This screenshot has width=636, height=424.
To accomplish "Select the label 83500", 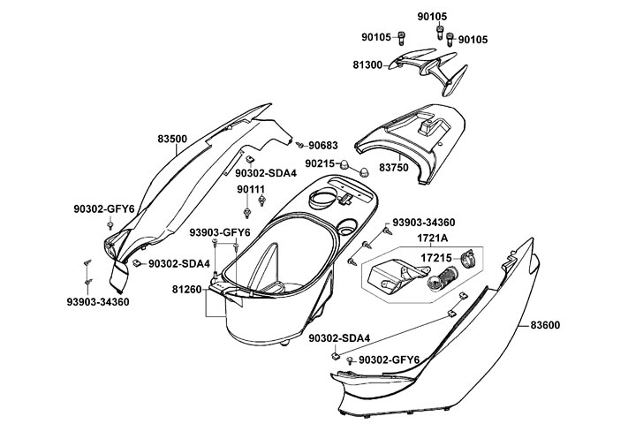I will tap(172, 139).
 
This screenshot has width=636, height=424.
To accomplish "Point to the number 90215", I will tap(321, 164).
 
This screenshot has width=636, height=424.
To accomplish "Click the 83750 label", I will tap(395, 166).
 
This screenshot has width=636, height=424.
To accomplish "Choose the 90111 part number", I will tap(250, 190).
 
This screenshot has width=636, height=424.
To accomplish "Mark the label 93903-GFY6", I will tap(220, 232).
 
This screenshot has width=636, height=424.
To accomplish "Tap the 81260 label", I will tap(187, 289).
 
